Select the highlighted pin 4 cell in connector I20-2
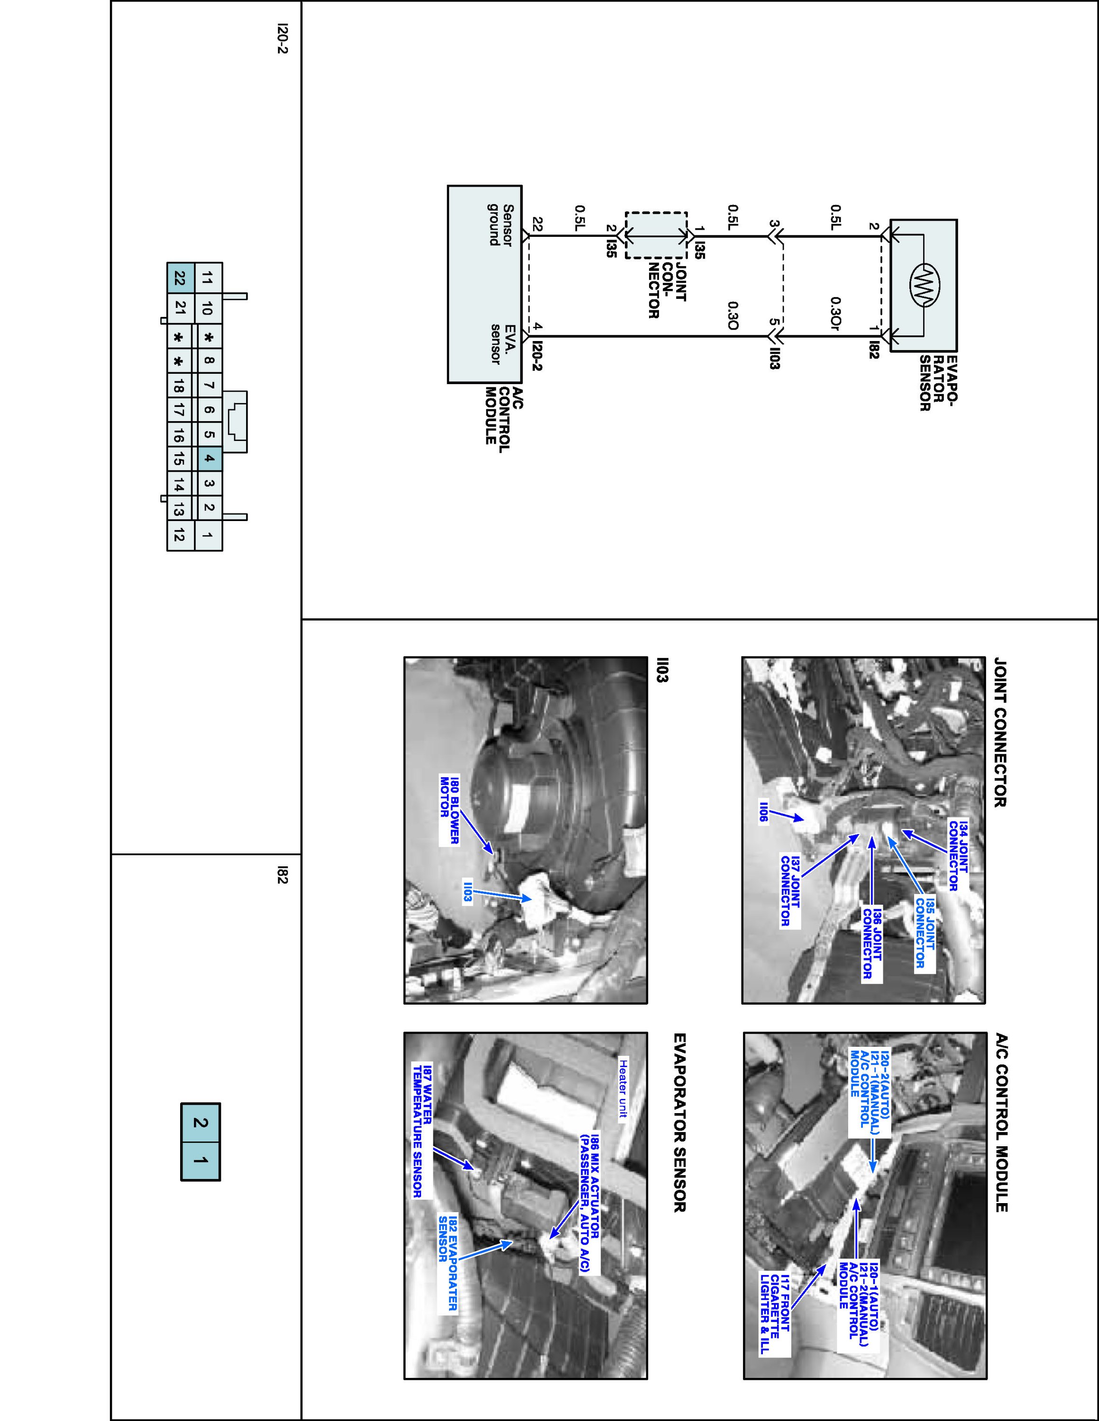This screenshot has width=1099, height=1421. [x=208, y=459]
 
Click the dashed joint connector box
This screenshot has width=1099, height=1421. [x=656, y=235]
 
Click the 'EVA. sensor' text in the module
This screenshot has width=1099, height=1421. [x=502, y=344]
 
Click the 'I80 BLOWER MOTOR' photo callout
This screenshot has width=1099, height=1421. [x=450, y=810]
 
